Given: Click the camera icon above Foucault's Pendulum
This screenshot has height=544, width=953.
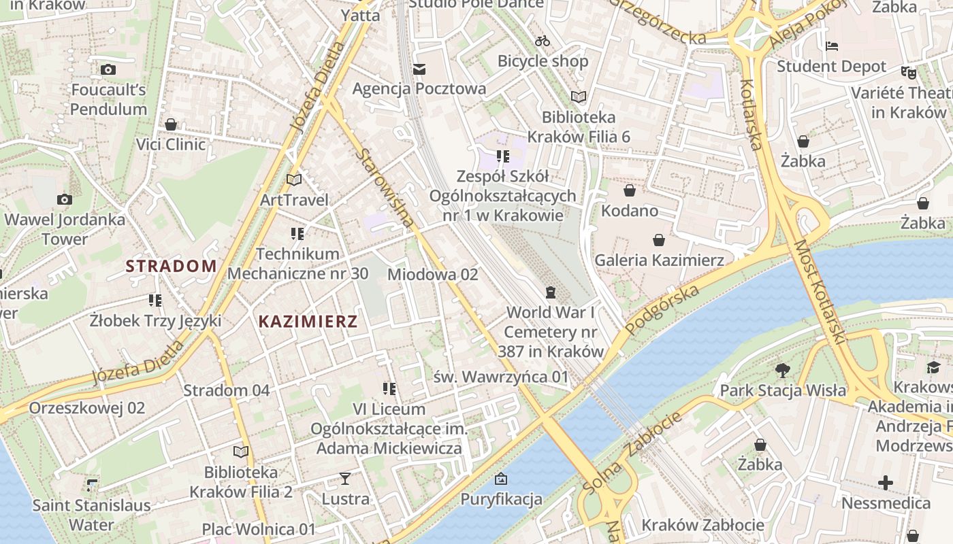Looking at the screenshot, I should [x=108, y=69].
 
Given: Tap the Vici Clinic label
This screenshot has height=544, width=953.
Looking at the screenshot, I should [x=171, y=144].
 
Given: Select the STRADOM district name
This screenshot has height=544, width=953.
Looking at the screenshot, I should [x=172, y=266].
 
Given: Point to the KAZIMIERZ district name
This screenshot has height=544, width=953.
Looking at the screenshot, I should [x=308, y=322].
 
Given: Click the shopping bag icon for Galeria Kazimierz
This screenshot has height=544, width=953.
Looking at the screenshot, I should [x=658, y=240].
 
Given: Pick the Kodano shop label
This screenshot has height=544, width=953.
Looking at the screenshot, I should [x=629, y=210].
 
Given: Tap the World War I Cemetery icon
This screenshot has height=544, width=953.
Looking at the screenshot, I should [x=550, y=292].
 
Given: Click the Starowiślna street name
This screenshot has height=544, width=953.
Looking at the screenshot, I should [x=385, y=188].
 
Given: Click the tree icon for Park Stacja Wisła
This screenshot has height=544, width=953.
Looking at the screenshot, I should [x=782, y=371].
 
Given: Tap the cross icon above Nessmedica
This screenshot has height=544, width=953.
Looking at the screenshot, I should [x=885, y=483].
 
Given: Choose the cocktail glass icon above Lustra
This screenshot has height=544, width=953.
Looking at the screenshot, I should [x=345, y=479].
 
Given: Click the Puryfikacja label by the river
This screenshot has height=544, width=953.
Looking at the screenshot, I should [x=502, y=499].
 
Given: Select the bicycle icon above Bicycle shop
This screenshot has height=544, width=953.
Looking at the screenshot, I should [x=543, y=41].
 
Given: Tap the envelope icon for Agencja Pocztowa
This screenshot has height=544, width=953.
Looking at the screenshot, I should [x=419, y=69].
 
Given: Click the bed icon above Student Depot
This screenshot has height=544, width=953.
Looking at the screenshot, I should [x=831, y=46].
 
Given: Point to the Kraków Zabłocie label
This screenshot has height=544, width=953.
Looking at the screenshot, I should [x=702, y=525].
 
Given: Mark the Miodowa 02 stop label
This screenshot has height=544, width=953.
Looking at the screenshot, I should [x=432, y=275].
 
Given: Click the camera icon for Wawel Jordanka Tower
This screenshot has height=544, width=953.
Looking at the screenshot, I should [x=65, y=199].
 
